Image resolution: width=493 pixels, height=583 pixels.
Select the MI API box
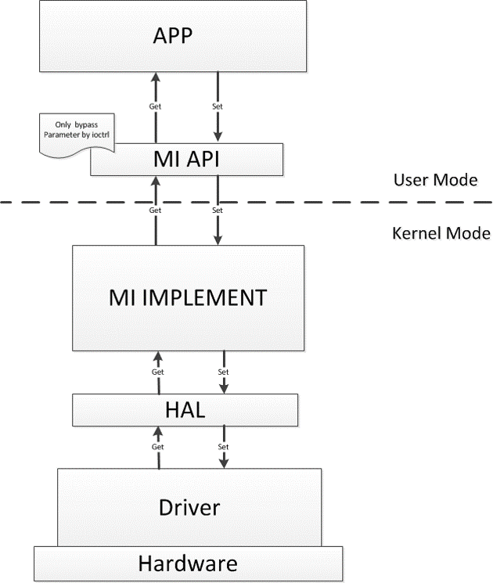[x=186, y=160]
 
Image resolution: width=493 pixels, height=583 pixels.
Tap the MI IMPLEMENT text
[x=188, y=297]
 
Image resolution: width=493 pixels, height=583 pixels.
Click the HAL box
[x=185, y=408]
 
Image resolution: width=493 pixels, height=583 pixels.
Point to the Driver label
[x=189, y=506]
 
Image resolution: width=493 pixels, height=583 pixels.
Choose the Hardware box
[x=188, y=563]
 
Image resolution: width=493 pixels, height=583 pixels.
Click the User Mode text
[x=436, y=180]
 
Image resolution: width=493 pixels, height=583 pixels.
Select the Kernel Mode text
[x=440, y=233]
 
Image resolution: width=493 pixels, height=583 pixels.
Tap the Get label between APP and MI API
[x=154, y=106]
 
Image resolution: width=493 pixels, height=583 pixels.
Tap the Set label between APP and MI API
[x=218, y=106]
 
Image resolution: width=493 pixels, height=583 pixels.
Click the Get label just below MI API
[x=154, y=210]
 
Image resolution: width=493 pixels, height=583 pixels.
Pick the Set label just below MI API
[x=218, y=210]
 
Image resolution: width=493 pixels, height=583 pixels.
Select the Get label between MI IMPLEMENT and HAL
[x=159, y=372]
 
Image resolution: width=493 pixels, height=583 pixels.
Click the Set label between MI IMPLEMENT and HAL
[x=224, y=372]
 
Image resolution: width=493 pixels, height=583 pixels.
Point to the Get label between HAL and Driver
[x=159, y=446]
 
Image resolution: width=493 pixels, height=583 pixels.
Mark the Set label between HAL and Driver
[x=224, y=446]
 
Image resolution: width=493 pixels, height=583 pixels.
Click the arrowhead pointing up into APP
[x=154, y=77]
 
